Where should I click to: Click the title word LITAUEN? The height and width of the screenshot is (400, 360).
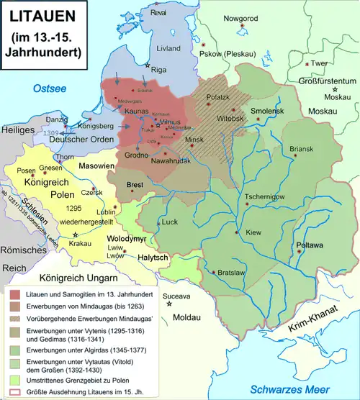[45, 15]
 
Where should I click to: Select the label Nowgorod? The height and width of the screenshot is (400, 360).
[240, 18]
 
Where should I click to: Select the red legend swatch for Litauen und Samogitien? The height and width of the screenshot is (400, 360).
[15, 294]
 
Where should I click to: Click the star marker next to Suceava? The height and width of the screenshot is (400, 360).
[170, 304]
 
